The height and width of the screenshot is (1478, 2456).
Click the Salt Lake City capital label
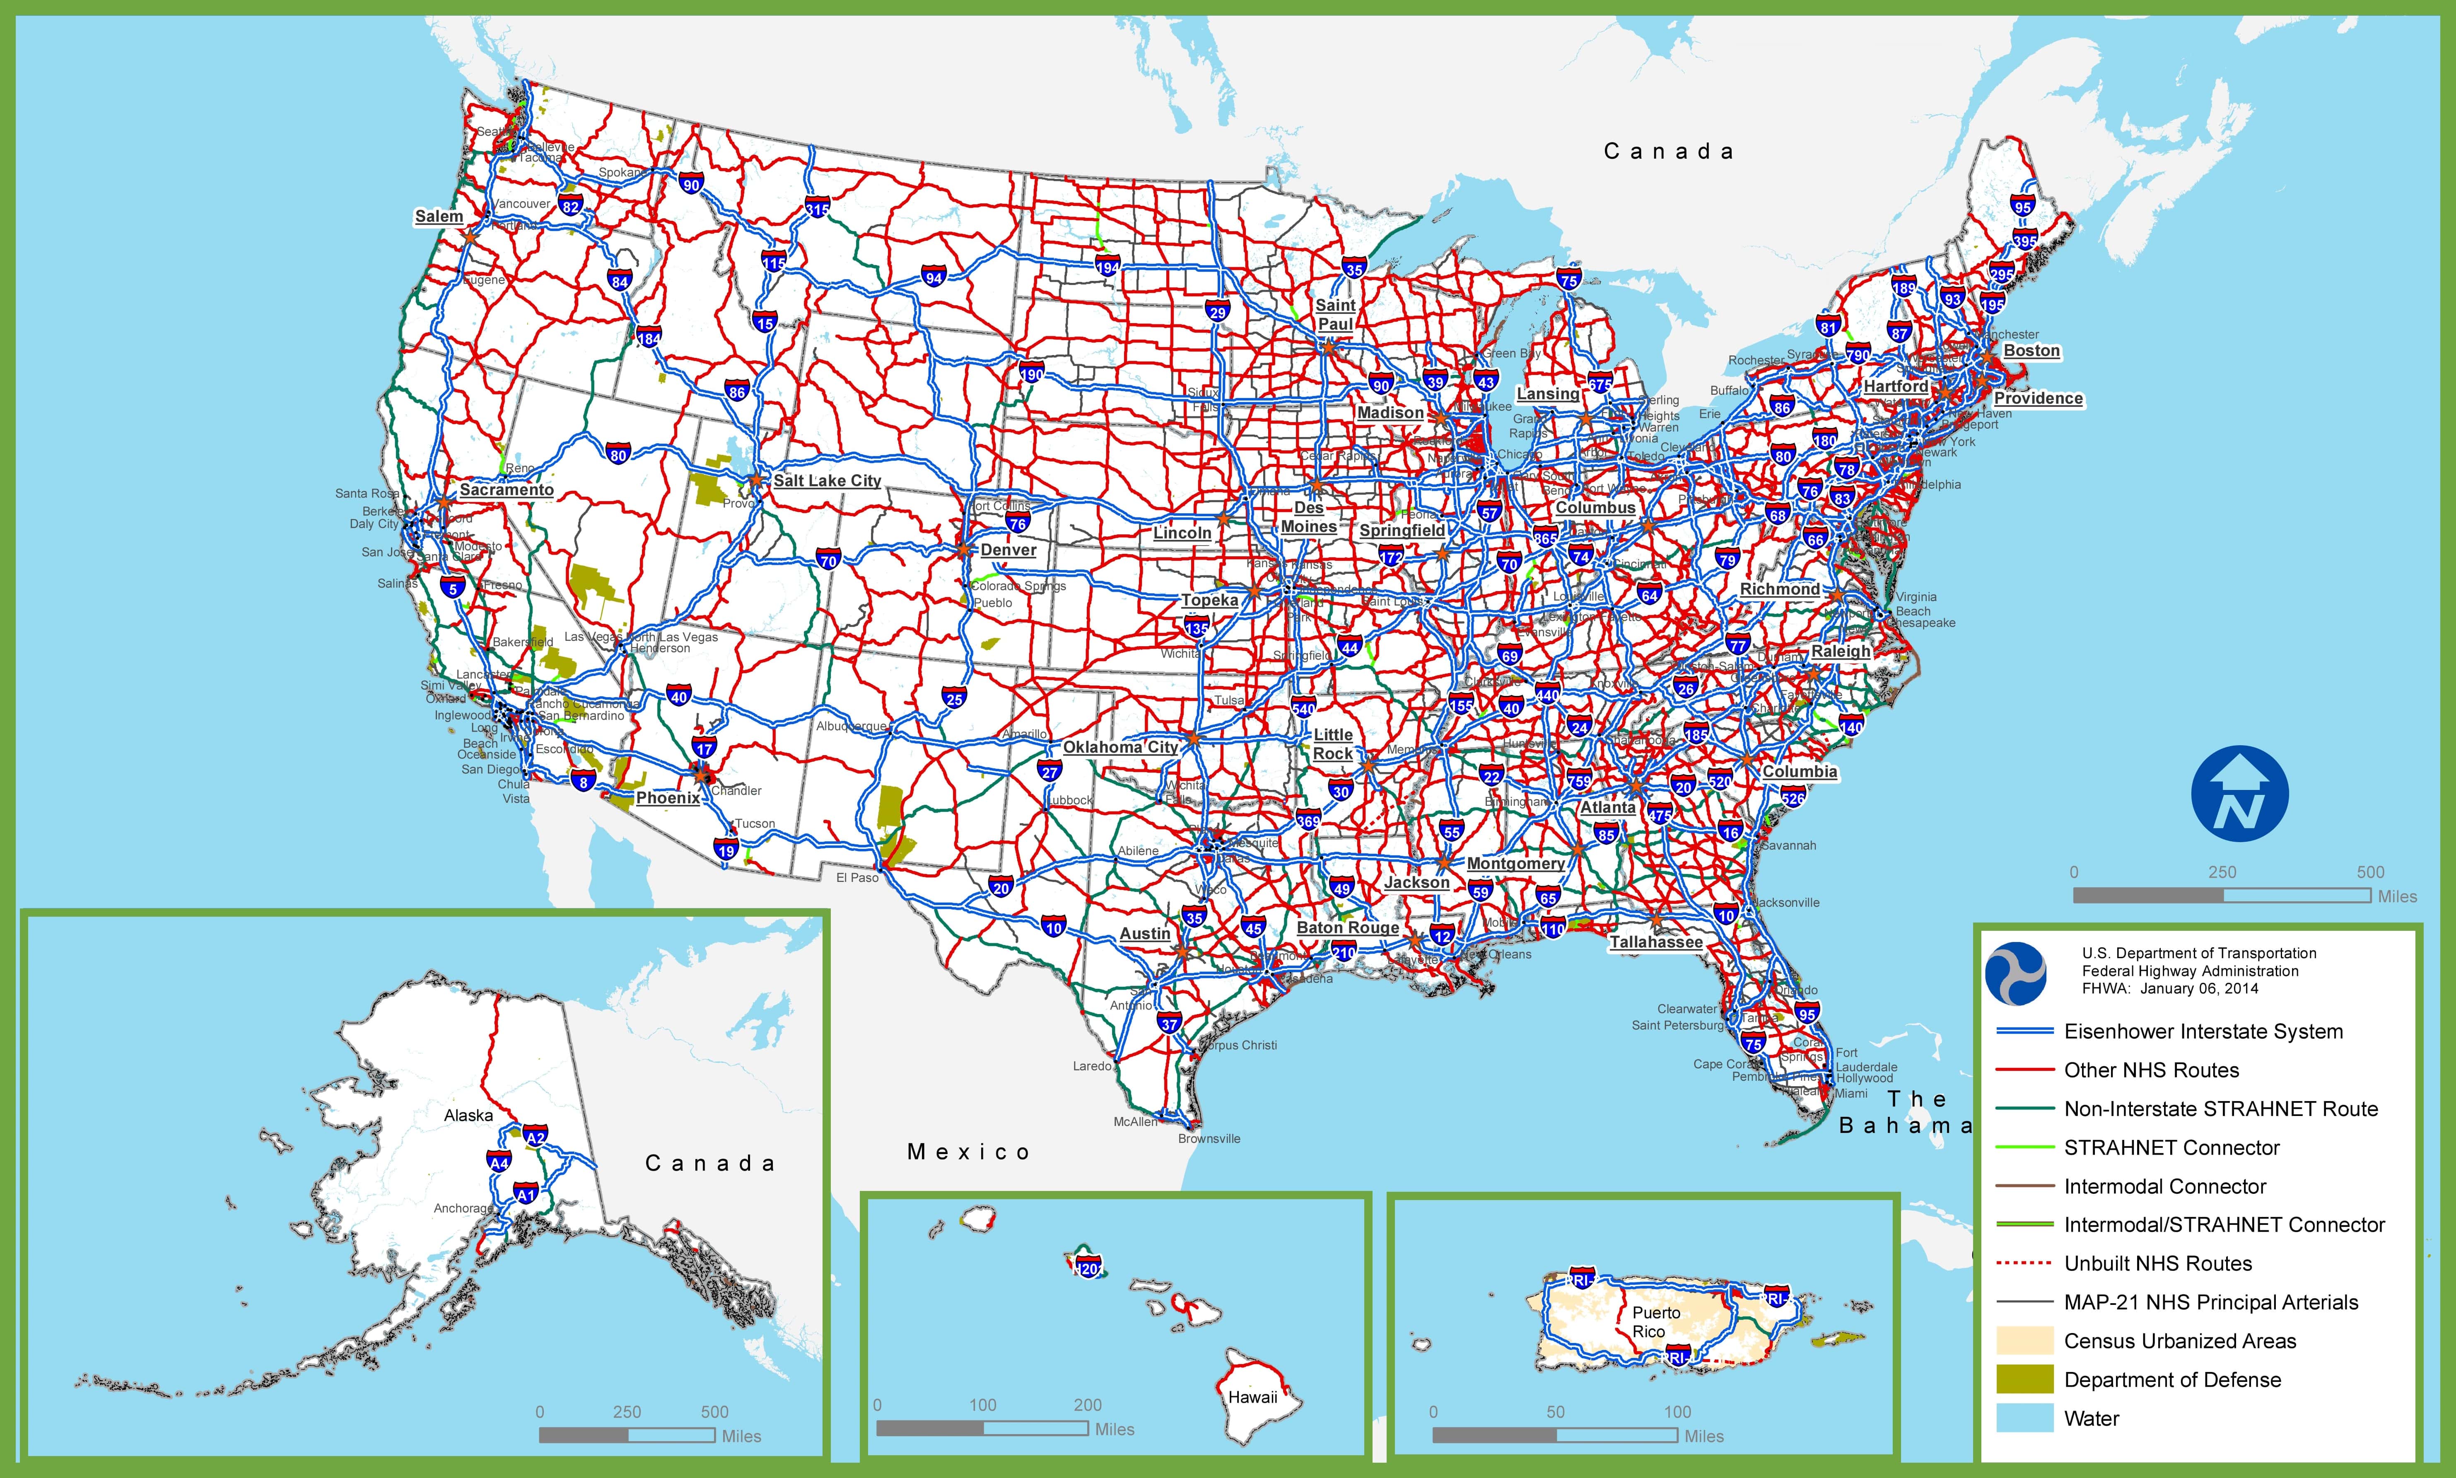[x=827, y=480]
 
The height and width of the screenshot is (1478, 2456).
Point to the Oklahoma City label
[x=1120, y=747]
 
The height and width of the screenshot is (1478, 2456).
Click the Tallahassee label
[x=1655, y=942]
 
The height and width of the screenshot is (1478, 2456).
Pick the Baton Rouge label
[x=1347, y=927]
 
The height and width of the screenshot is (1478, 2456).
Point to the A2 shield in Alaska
[x=535, y=1136]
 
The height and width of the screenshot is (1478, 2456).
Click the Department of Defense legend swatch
[x=2024, y=1379]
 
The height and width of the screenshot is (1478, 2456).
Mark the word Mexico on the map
[x=967, y=1152]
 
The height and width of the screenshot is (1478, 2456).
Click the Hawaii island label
[x=1252, y=1397]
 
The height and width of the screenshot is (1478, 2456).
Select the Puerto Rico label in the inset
[x=1655, y=1322]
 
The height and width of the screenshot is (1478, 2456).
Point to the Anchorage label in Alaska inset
[x=463, y=1208]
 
